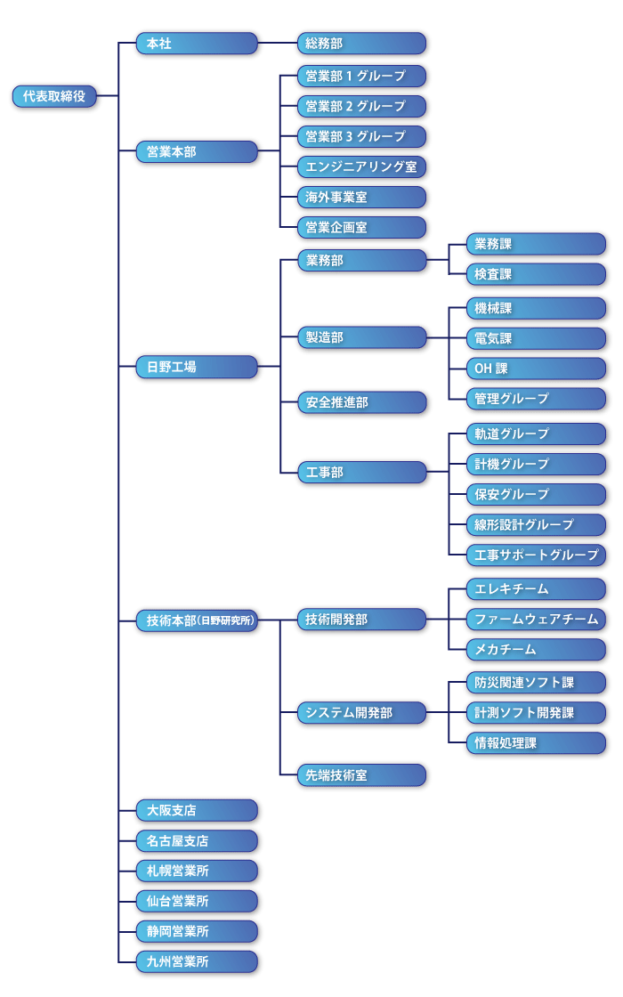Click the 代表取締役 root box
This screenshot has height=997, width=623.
pyautogui.click(x=54, y=96)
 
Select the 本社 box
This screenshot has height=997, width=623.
pyautogui.click(x=197, y=44)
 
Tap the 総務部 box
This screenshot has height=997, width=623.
pyautogui.click(x=361, y=44)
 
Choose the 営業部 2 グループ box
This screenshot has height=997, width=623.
pyautogui.click(x=361, y=106)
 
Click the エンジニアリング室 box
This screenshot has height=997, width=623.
pyautogui.click(x=361, y=166)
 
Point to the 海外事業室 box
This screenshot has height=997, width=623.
pyautogui.click(x=361, y=197)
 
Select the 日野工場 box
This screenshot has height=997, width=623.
pyautogui.click(x=197, y=367)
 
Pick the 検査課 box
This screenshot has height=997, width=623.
pyautogui.click(x=536, y=274)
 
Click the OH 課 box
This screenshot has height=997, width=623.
pyautogui.click(x=536, y=369)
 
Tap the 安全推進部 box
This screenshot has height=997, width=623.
pyautogui.click(x=361, y=402)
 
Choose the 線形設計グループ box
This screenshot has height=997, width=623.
pyautogui.click(x=536, y=524)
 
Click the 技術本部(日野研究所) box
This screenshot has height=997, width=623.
pyautogui.click(x=197, y=620)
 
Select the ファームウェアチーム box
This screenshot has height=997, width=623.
pyautogui.click(x=536, y=619)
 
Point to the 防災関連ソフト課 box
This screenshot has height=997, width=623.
pyautogui.click(x=536, y=682)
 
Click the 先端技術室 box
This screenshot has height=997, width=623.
pyautogui.click(x=361, y=775)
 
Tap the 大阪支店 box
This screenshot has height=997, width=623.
pyautogui.click(x=197, y=811)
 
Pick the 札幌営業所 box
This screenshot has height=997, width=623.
pyautogui.click(x=197, y=871)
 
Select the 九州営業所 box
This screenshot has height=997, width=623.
pyautogui.click(x=197, y=962)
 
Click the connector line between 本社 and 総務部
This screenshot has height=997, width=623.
pyautogui.click(x=278, y=44)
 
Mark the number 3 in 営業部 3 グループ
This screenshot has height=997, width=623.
pyautogui.click(x=349, y=137)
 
